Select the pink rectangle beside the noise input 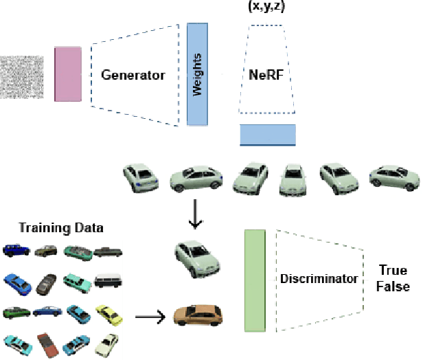pyautogui.click(x=68, y=74)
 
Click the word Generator pyautogui.click(x=133, y=75)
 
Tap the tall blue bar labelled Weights pyautogui.click(x=197, y=74)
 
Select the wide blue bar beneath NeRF pyautogui.click(x=268, y=135)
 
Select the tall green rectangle pyautogui.click(x=255, y=281)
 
